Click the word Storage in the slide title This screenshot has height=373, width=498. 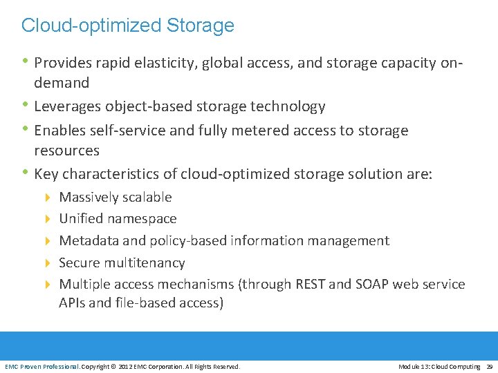click(x=201, y=26)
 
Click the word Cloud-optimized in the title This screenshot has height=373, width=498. click(x=91, y=26)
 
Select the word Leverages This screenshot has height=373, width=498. click(x=68, y=106)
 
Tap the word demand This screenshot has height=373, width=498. click(x=62, y=83)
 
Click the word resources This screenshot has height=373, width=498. click(x=66, y=151)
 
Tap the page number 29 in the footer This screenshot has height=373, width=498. click(x=489, y=366)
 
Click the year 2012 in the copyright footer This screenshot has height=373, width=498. click(x=125, y=366)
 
